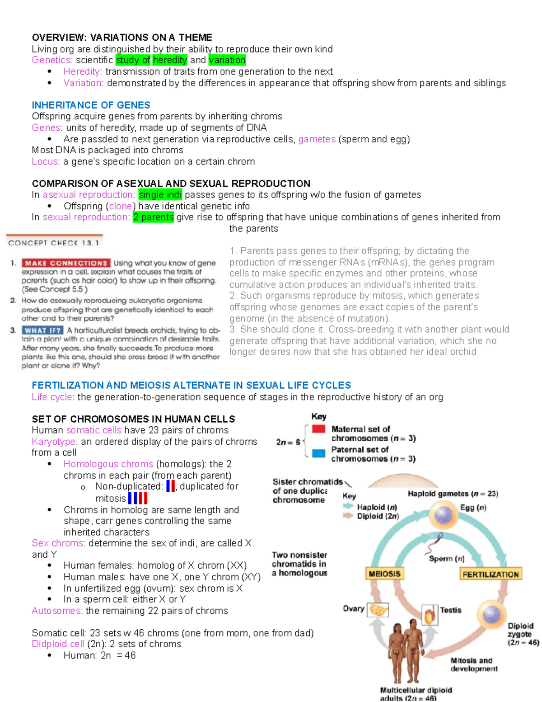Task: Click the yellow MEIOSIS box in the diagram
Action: [384, 574]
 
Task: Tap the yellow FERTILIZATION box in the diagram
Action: [491, 574]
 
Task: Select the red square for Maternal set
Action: [318, 429]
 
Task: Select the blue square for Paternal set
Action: [318, 453]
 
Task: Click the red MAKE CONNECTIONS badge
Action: [65, 263]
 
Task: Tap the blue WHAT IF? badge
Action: [42, 330]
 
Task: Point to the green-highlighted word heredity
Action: [170, 60]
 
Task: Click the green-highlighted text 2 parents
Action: [153, 217]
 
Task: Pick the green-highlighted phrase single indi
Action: [160, 195]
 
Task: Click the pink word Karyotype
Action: [54, 442]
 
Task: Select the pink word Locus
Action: [45, 162]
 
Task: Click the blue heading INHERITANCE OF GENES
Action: [91, 105]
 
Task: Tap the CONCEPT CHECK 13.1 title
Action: [53, 243]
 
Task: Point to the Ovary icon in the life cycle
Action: [378, 610]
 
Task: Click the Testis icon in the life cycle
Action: [430, 614]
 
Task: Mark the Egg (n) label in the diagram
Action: [473, 508]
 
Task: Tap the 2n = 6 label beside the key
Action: [288, 442]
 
